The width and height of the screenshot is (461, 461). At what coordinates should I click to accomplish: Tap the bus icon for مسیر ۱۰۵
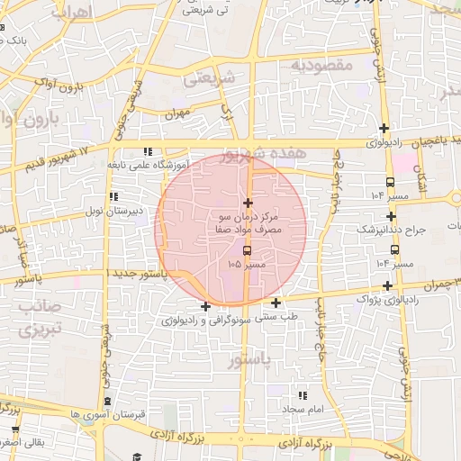pos(248,250)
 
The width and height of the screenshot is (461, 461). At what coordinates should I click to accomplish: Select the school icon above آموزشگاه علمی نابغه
pos(148,151)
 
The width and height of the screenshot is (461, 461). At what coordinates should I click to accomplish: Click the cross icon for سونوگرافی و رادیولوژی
pos(206,306)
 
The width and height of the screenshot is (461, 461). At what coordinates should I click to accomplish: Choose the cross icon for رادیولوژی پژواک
pos(386,285)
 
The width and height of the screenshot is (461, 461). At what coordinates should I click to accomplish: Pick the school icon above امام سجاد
pos(303,395)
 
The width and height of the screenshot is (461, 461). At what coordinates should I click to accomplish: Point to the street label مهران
pos(180,115)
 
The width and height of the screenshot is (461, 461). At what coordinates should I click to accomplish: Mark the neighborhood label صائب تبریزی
pos(31,318)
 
